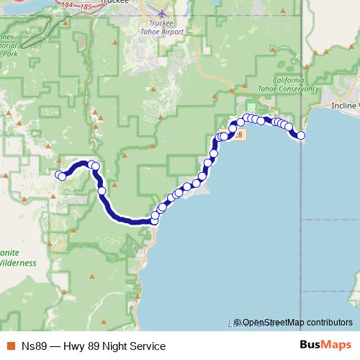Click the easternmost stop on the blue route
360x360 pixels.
coord(301,135)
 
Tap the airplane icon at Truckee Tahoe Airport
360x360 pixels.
coord(165,14)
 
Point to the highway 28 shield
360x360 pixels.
coord(239,135)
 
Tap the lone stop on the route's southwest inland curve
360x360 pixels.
coord(102,191)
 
